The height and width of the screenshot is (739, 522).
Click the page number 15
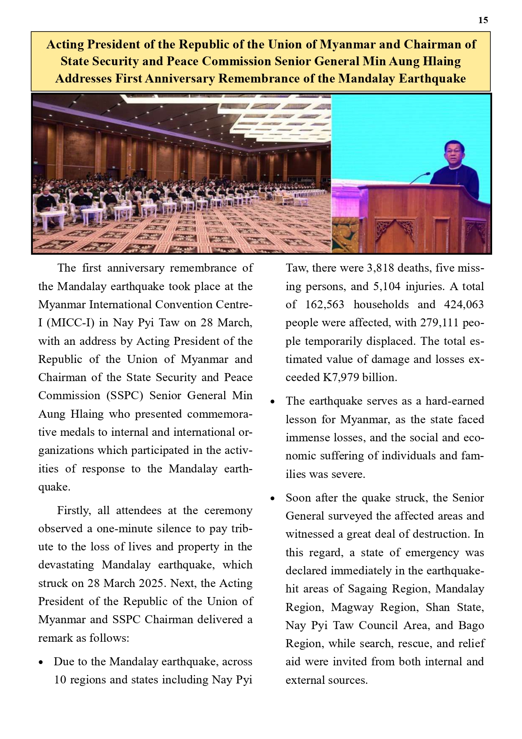pyautogui.click(x=483, y=20)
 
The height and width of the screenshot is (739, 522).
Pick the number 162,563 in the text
pyautogui.click(x=325, y=304)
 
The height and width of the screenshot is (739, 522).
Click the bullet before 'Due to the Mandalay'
pyautogui.click(x=41, y=662)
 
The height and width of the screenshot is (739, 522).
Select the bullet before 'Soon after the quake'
pyautogui.click(x=273, y=499)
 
